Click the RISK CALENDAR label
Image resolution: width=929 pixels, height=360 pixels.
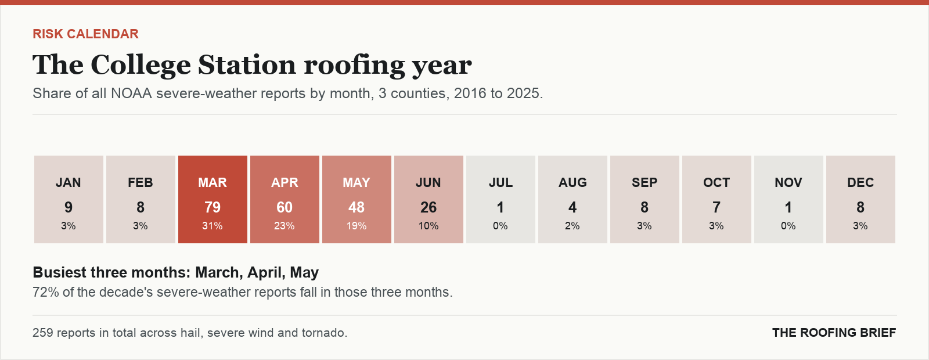point(85,34)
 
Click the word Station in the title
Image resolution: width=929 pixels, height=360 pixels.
point(246,65)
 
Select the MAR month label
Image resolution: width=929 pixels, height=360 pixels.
point(213,182)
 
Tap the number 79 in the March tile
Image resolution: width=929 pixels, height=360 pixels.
point(213,207)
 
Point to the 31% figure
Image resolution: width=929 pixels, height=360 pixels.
point(213,226)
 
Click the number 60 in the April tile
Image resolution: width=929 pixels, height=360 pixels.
point(285,207)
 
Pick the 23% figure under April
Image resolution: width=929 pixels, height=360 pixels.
point(285,226)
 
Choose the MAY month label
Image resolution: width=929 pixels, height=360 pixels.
point(357,182)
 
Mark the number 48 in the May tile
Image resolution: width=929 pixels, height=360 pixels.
point(357,207)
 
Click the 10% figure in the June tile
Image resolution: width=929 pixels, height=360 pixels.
point(429,226)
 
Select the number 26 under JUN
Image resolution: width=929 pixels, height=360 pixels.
point(429,207)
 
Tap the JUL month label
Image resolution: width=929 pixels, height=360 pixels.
point(500,182)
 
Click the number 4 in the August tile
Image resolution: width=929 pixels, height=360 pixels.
point(572,207)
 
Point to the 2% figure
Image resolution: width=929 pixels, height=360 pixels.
point(572,226)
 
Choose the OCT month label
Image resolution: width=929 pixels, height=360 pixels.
point(716,182)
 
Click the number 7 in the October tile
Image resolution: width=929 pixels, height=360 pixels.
point(716,207)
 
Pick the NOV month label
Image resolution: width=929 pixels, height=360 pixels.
point(788,182)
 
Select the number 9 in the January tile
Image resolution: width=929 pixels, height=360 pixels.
point(69,207)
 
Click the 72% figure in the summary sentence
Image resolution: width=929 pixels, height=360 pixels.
point(46,293)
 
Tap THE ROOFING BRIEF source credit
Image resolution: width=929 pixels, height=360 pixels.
point(834,333)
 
